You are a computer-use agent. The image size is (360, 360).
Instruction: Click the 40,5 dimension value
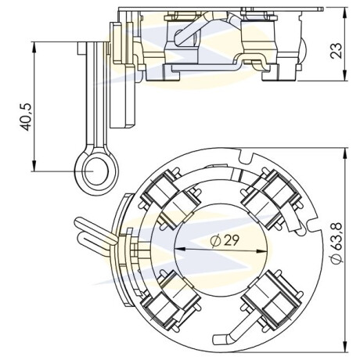coord(26,117)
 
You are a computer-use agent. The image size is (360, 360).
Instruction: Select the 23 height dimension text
coord(336,51)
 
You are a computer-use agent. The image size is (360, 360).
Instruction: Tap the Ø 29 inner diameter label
coord(225,240)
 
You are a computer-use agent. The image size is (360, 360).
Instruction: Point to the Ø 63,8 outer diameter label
coord(337,243)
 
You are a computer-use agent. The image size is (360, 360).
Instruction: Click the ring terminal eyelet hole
coord(96,171)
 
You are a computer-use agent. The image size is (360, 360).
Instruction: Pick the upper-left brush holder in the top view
coord(171,199)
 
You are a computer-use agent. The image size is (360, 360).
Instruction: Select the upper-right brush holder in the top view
coord(272,199)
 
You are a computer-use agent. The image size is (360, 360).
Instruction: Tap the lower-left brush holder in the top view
coord(171,300)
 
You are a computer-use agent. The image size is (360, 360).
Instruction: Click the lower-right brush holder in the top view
coord(272,300)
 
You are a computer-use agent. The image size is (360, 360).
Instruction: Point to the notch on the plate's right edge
coord(314,224)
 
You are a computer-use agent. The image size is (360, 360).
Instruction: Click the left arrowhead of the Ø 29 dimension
coord(179,249)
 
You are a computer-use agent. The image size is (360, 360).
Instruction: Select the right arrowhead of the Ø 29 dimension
coord(262,251)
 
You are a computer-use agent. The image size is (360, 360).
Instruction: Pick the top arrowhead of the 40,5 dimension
coord(34,47)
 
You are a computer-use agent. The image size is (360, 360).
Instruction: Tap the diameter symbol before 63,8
coord(337,258)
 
